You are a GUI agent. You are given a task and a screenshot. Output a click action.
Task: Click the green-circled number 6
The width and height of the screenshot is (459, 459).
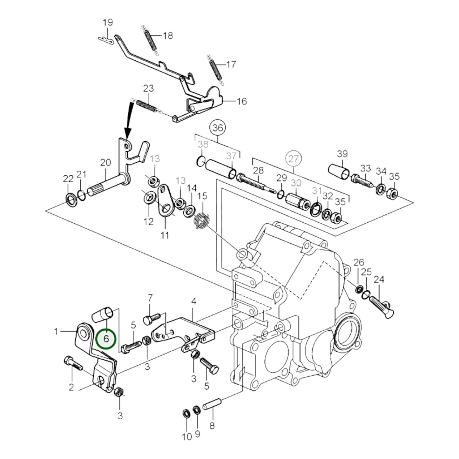tap(106, 339)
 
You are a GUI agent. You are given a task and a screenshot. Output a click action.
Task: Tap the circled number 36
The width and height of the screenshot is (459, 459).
tap(218, 128)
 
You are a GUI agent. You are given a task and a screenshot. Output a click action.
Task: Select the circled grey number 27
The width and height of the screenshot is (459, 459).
tap(294, 159)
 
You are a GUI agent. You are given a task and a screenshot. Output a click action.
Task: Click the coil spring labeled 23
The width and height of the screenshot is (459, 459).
tap(147, 106)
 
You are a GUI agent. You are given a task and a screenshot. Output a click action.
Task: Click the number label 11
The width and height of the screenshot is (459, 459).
tap(165, 235)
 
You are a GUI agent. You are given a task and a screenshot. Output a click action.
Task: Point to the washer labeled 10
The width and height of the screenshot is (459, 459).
tap(186, 414)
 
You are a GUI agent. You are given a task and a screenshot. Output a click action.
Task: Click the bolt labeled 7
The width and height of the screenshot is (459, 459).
tap(152, 319)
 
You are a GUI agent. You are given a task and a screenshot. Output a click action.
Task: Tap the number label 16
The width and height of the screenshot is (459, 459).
tap(242, 101)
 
